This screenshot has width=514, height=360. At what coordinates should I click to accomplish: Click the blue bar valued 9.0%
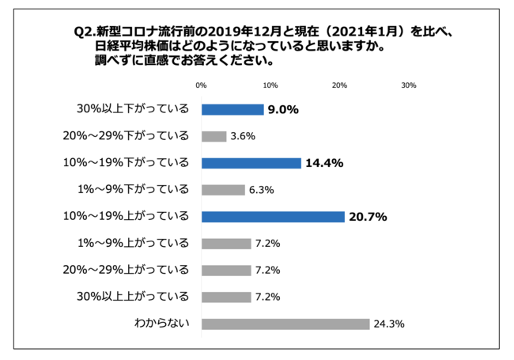[x=232, y=110]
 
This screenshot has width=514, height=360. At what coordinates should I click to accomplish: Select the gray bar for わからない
[x=285, y=324]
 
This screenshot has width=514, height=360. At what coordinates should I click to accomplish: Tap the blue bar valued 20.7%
[x=273, y=217]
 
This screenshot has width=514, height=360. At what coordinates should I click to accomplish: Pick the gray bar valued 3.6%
[x=214, y=136]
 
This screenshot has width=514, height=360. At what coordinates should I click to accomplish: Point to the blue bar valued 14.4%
[x=251, y=163]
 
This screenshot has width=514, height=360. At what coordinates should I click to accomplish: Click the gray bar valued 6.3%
[x=223, y=190]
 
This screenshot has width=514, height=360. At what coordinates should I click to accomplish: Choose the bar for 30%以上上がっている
[x=226, y=297]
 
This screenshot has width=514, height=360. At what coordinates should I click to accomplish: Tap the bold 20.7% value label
[x=368, y=217]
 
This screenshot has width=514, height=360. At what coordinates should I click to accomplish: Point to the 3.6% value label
[x=243, y=136]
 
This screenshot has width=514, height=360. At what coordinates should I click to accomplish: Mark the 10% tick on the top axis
[x=270, y=85]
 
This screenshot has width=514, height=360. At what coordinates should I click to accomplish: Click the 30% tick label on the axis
[x=409, y=85]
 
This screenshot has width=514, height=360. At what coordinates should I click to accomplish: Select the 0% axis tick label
[x=201, y=85]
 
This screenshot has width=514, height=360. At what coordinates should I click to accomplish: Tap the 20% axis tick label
[x=339, y=85]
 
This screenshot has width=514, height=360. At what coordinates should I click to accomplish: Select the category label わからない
[x=163, y=324]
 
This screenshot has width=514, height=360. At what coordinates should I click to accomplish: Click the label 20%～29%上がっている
[x=127, y=270]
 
